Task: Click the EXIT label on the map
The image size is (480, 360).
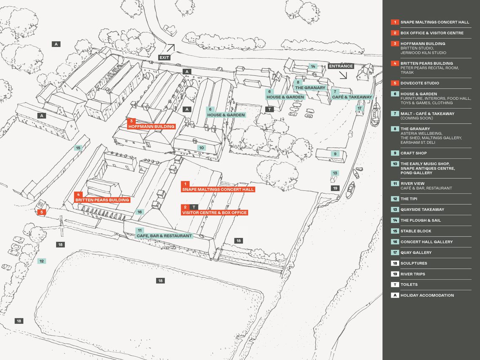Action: [x=164, y=57]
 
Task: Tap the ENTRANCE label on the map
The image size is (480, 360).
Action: [x=341, y=66]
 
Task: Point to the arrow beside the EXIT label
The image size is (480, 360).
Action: [x=170, y=48]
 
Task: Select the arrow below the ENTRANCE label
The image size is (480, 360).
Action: [x=343, y=75]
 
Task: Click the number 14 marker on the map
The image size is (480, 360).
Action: [x=312, y=67]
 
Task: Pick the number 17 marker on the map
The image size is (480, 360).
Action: [x=359, y=108]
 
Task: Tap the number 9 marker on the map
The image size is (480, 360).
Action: [x=335, y=154]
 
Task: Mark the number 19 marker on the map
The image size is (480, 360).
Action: [x=335, y=188]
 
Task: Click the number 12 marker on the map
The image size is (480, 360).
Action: [x=42, y=261]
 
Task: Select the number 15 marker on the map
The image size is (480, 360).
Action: [x=78, y=148]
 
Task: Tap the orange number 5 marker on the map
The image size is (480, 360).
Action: [x=41, y=212]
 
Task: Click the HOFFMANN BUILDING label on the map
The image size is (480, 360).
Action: [x=152, y=126]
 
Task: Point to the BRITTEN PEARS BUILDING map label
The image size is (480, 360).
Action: [x=102, y=200]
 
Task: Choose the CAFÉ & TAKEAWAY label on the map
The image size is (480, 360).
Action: [x=352, y=97]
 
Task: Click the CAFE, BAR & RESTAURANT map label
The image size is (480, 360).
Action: [x=164, y=236]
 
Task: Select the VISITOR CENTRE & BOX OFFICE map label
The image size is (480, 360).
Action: [x=214, y=213]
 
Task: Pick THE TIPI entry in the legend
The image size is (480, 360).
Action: [x=408, y=199]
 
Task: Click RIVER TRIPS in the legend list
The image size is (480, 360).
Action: [x=413, y=274]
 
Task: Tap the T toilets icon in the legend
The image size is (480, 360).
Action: [x=395, y=285]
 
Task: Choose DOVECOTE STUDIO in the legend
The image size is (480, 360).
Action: [x=419, y=83]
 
